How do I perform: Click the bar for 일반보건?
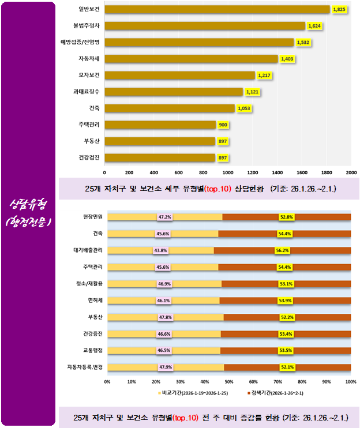click(x=216, y=9)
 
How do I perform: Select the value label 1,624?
click(x=314, y=26)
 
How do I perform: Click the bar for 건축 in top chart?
click(x=170, y=108)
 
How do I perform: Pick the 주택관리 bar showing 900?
click(x=160, y=125)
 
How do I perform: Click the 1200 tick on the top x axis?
click(x=252, y=172)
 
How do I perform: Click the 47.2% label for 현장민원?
click(x=165, y=217)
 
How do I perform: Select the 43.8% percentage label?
click(x=160, y=250)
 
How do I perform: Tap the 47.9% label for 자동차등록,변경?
click(x=166, y=367)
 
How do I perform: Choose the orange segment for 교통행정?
click(x=287, y=350)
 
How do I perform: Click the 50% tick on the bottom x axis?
click(x=229, y=381)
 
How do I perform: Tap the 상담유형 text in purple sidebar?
click(x=28, y=205)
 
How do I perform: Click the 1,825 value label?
click(x=339, y=10)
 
